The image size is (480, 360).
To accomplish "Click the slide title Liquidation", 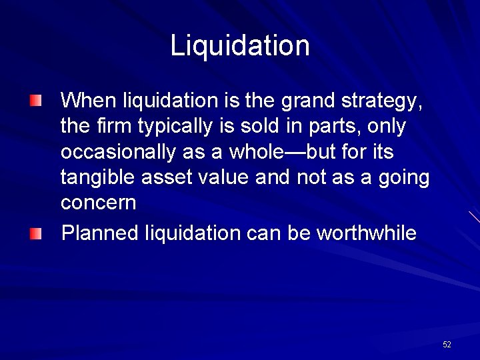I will tap(240, 46).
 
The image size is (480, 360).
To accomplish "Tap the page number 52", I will tap(447, 344).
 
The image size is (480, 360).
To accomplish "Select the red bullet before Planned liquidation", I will tap(35, 233).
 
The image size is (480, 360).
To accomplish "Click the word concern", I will tap(98, 203).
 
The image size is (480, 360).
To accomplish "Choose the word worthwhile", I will tap(366, 233).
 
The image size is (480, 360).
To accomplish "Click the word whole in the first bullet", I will tap(258, 152).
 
